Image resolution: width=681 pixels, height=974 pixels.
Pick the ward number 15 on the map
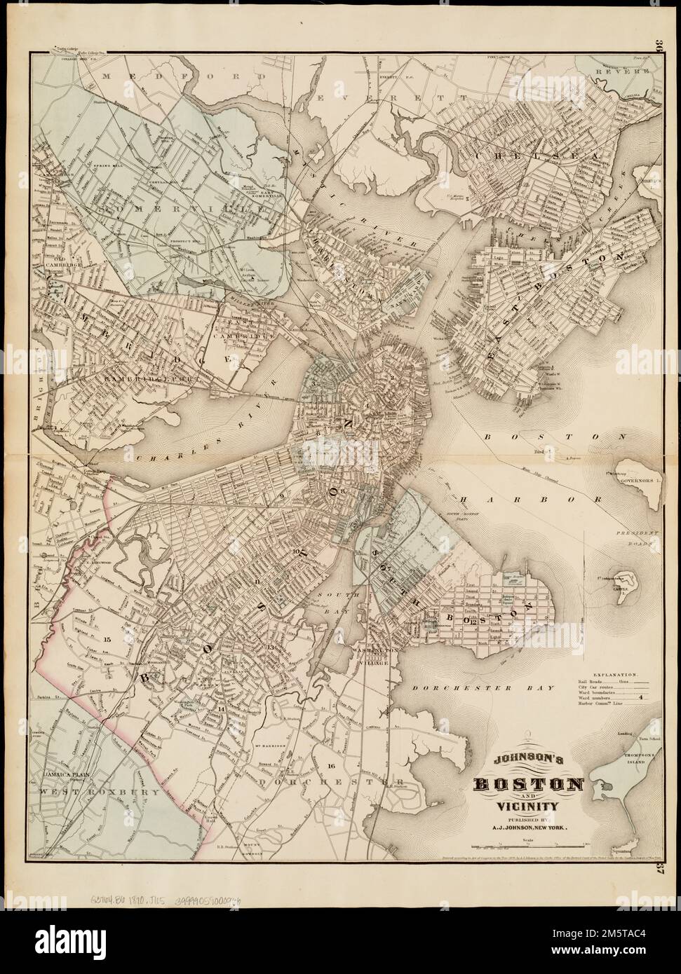(x=107, y=640)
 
